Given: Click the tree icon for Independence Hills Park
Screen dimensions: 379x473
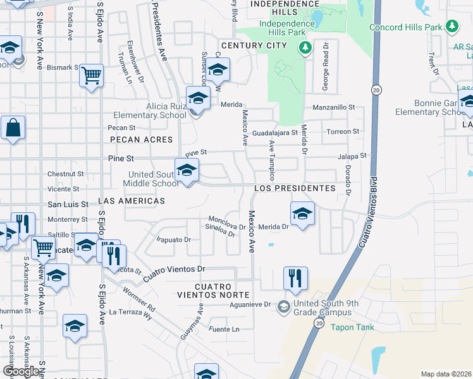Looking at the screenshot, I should pyautogui.click(x=305, y=48).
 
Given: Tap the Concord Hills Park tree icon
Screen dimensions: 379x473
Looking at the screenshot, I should pyautogui.click(x=451, y=26).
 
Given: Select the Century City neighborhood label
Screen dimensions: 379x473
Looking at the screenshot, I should pyautogui.click(x=254, y=45).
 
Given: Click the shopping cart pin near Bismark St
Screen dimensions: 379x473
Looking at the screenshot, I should pyautogui.click(x=92, y=76).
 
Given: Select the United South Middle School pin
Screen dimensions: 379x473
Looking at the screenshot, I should pyautogui.click(x=187, y=171).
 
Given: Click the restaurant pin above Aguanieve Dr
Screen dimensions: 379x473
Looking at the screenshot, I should pyautogui.click(x=295, y=278).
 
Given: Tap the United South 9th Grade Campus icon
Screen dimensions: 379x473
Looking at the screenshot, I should pyautogui.click(x=284, y=307).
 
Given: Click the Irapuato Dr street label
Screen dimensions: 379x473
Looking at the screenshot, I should pyautogui.click(x=173, y=240).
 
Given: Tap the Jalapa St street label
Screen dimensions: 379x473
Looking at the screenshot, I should pyautogui.click(x=352, y=156).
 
